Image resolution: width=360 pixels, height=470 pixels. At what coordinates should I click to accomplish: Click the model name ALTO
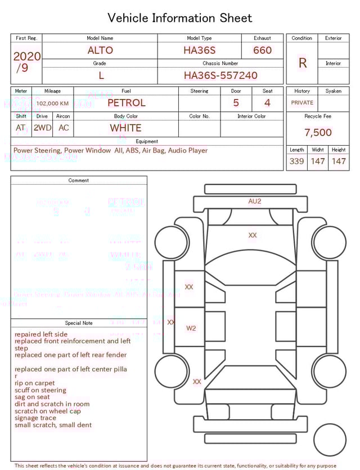pos(100,50)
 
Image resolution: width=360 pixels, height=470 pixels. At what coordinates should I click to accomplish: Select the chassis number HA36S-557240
pos(220,75)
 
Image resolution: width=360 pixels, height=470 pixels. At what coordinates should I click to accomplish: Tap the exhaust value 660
pos(262,50)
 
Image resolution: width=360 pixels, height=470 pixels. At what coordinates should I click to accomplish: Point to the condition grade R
pos(303,63)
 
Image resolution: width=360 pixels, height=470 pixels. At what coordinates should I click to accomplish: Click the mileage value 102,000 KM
pos(52,104)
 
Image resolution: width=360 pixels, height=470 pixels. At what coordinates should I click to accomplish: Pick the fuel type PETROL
pos(126,103)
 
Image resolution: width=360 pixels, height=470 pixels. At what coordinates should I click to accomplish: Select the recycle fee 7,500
pos(318,132)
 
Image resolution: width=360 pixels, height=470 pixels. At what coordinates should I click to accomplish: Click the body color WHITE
pos(125,128)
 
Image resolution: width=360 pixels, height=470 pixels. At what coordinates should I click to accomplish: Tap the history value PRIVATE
pos(302,102)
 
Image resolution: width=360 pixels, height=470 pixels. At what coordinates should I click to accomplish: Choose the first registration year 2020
pos(26,56)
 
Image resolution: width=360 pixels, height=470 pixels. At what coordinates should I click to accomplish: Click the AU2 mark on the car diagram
pos(255,201)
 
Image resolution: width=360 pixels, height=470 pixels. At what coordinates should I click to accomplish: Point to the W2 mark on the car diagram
pos(191,328)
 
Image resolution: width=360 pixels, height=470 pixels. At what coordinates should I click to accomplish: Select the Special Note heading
pos(79,323)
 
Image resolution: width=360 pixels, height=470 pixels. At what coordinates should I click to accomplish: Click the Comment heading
pos(79,181)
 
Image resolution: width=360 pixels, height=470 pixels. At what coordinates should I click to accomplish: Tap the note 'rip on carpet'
pos(35,383)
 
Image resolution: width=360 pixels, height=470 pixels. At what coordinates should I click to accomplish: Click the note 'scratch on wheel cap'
pos(48,411)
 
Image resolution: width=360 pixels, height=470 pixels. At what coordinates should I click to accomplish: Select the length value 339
pos(296,161)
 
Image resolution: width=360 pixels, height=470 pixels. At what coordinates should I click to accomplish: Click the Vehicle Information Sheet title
pos(180,18)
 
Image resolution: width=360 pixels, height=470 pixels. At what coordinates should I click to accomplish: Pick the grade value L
pos(101,75)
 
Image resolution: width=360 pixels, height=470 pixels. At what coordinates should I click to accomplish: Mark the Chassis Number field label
pos(220,64)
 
